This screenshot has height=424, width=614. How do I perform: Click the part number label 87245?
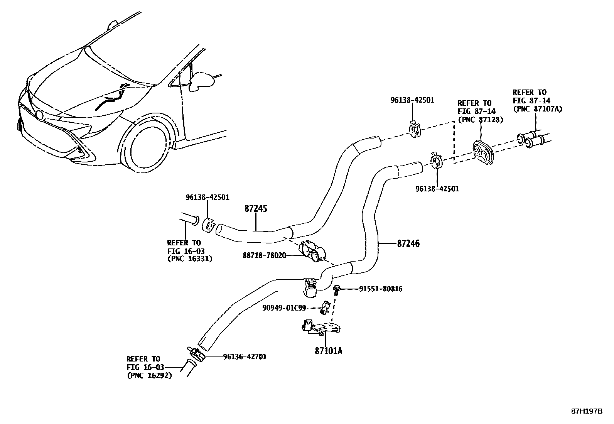(x=256, y=209)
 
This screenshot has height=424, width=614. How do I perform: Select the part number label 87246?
(x=408, y=243)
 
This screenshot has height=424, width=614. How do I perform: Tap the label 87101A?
(x=328, y=351)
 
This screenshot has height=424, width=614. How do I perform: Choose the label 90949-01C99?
(x=284, y=307)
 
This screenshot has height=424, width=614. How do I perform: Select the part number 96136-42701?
(x=245, y=357)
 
